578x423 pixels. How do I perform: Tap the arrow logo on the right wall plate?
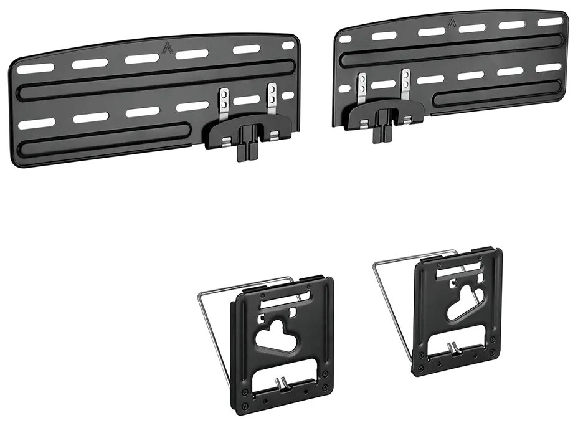click(450, 24)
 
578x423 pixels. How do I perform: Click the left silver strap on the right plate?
click(362, 87)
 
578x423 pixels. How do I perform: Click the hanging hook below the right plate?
click(382, 130)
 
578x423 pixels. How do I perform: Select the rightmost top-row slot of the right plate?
click(549, 22)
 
